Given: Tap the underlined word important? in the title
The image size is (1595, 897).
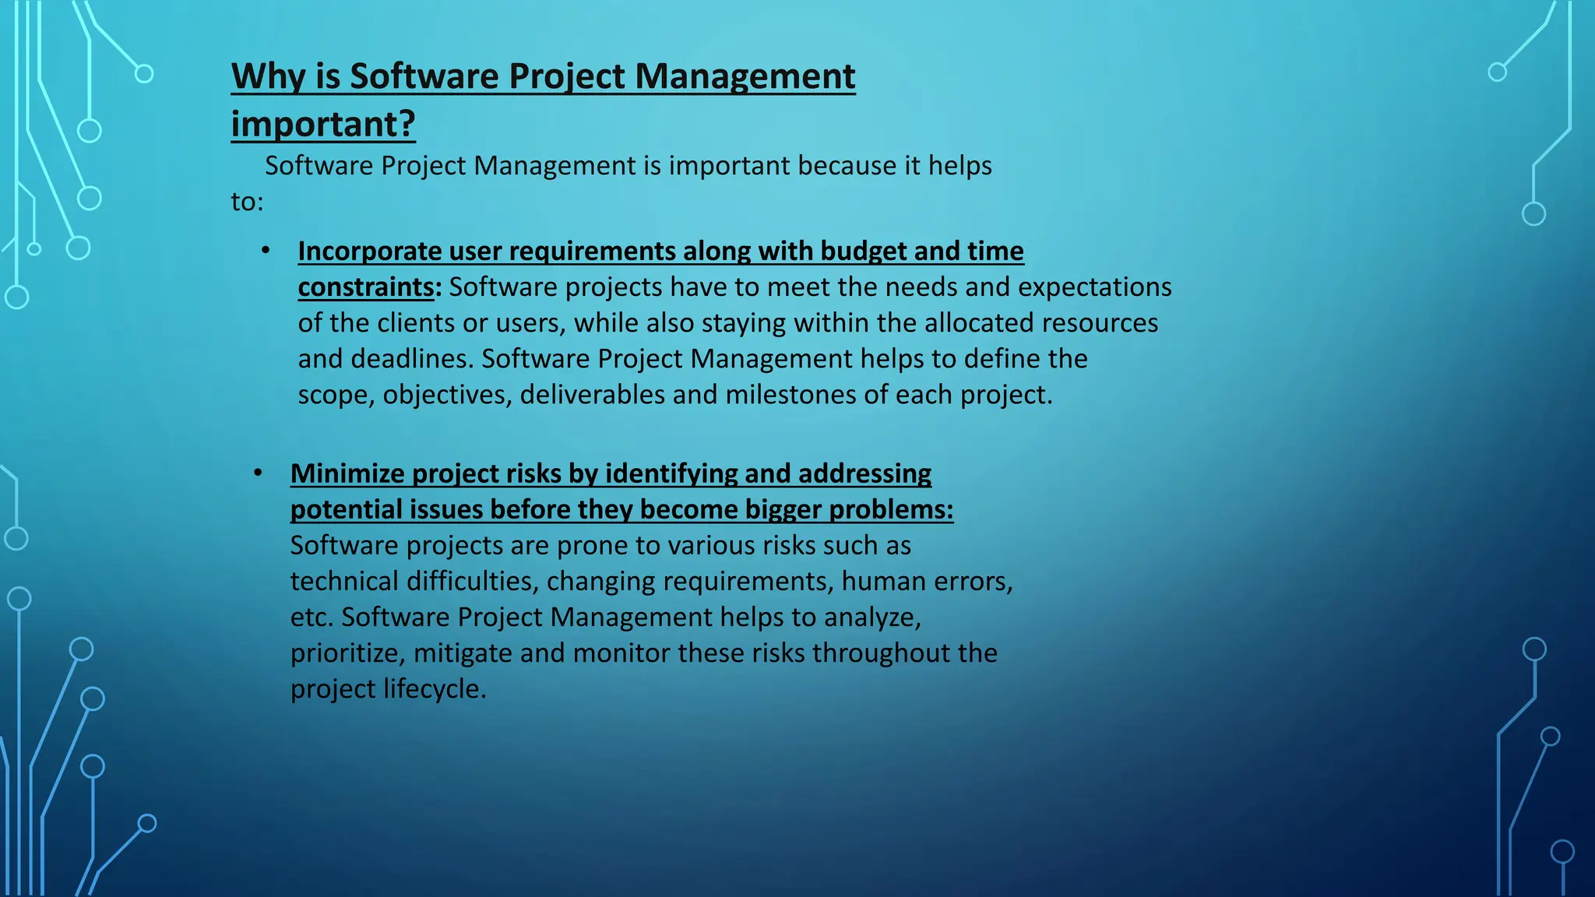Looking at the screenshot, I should click(323, 125).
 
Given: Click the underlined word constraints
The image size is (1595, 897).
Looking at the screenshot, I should click(365, 287).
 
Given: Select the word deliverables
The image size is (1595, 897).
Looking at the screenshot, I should click(593, 395).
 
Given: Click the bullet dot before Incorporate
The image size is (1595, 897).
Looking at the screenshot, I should click(266, 251).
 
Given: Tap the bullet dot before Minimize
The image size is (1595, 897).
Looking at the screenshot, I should click(258, 473).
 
